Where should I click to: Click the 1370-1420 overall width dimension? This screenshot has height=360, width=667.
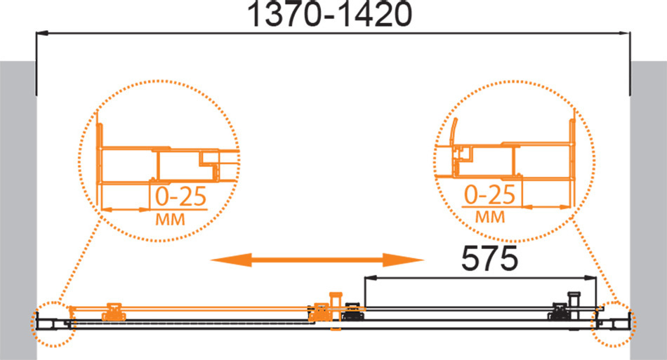(x=330, y=14)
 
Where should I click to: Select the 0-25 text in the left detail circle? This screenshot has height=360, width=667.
(x=180, y=196)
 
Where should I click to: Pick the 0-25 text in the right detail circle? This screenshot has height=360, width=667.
(x=489, y=194)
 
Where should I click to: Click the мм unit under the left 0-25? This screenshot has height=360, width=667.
(x=170, y=220)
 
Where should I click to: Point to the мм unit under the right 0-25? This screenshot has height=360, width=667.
(x=489, y=217)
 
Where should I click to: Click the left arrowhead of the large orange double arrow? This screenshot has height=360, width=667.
(x=231, y=260)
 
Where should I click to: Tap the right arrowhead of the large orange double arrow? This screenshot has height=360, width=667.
(x=403, y=260)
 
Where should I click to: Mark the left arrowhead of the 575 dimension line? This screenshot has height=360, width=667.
(x=371, y=278)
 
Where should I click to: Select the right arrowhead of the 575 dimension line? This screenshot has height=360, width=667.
(x=590, y=278)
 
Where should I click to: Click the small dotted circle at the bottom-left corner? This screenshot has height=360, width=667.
(x=53, y=324)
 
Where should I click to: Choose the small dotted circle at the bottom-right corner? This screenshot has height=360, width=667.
(x=614, y=324)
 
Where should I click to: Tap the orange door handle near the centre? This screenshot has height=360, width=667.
(x=336, y=311)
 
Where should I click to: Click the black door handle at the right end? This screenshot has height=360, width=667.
(x=574, y=305)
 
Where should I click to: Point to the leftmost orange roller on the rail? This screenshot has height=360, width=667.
(x=114, y=312)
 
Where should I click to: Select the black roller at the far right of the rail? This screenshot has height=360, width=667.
(x=559, y=312)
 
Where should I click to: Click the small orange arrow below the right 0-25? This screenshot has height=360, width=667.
(x=546, y=208)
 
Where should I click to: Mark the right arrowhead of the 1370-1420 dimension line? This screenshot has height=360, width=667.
(x=624, y=33)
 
